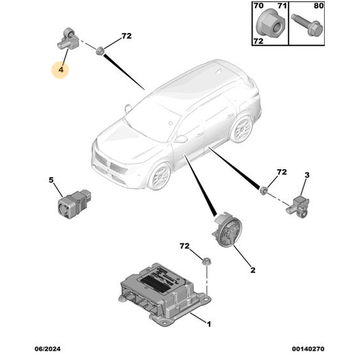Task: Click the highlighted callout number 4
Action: [x=61, y=70]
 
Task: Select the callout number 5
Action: [x=51, y=180]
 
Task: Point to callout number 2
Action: [x=253, y=271]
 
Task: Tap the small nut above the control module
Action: [x=206, y=262]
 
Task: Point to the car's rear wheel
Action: [x=244, y=130]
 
